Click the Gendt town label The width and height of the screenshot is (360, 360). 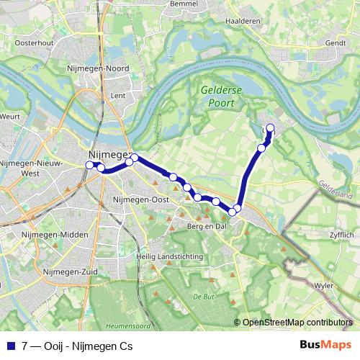337,42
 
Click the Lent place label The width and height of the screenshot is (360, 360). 118,94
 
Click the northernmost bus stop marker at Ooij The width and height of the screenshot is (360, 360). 271,128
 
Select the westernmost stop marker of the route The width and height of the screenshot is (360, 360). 90,165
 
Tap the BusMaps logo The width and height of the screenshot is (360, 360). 325,344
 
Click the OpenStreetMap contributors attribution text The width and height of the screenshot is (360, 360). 297,323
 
